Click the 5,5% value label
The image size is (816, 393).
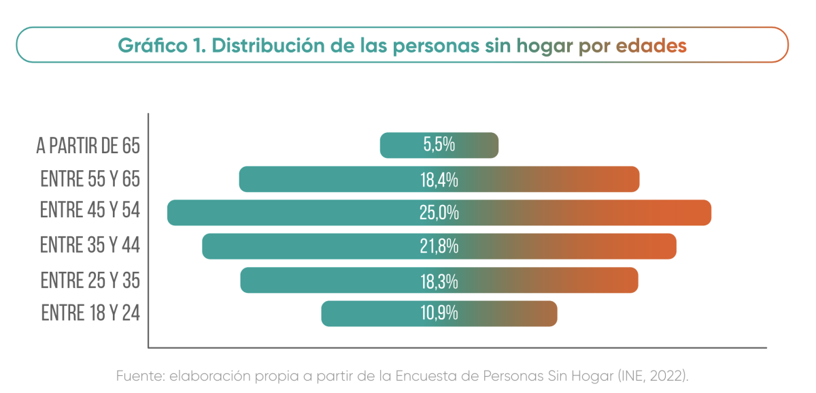point(439,145)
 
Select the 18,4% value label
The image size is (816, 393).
point(439,180)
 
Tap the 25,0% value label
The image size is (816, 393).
point(439,213)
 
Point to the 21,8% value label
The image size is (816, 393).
point(439,247)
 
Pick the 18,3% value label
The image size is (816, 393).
point(439,281)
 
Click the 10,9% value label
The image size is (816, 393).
point(439,313)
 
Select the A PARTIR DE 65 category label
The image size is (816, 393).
point(88,146)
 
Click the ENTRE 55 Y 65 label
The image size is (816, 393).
point(90,179)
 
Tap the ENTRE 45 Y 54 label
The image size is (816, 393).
point(90,210)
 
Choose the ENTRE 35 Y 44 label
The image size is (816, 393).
point(90,245)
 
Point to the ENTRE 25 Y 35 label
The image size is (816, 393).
point(90,280)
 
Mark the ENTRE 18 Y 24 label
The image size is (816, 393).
point(90,313)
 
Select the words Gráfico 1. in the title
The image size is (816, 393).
point(161,45)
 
